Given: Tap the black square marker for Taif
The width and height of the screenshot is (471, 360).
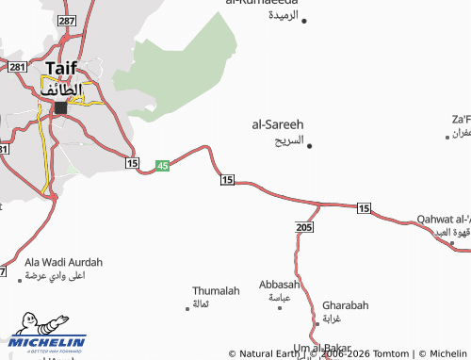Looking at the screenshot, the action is (x=61, y=107).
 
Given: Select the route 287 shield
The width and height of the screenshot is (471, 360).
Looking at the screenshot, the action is (x=65, y=20).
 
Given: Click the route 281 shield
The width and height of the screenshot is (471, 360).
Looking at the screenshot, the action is (x=16, y=67).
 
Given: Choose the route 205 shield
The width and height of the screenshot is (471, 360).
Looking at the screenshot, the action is (x=303, y=228).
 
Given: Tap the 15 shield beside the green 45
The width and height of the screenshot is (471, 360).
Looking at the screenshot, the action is (x=132, y=164).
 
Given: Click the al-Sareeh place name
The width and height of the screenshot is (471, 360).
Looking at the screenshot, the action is (x=277, y=123).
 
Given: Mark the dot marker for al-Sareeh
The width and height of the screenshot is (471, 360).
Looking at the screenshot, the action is (x=310, y=144).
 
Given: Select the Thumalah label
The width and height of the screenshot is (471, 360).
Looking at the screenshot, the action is (x=216, y=291).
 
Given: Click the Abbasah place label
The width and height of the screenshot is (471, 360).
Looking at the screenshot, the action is (x=279, y=284).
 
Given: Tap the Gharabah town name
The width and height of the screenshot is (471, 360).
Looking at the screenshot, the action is (x=345, y=305).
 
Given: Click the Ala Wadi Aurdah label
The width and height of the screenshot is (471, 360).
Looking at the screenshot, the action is (x=63, y=262).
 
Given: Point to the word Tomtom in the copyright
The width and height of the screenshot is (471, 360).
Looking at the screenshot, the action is (x=388, y=353).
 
